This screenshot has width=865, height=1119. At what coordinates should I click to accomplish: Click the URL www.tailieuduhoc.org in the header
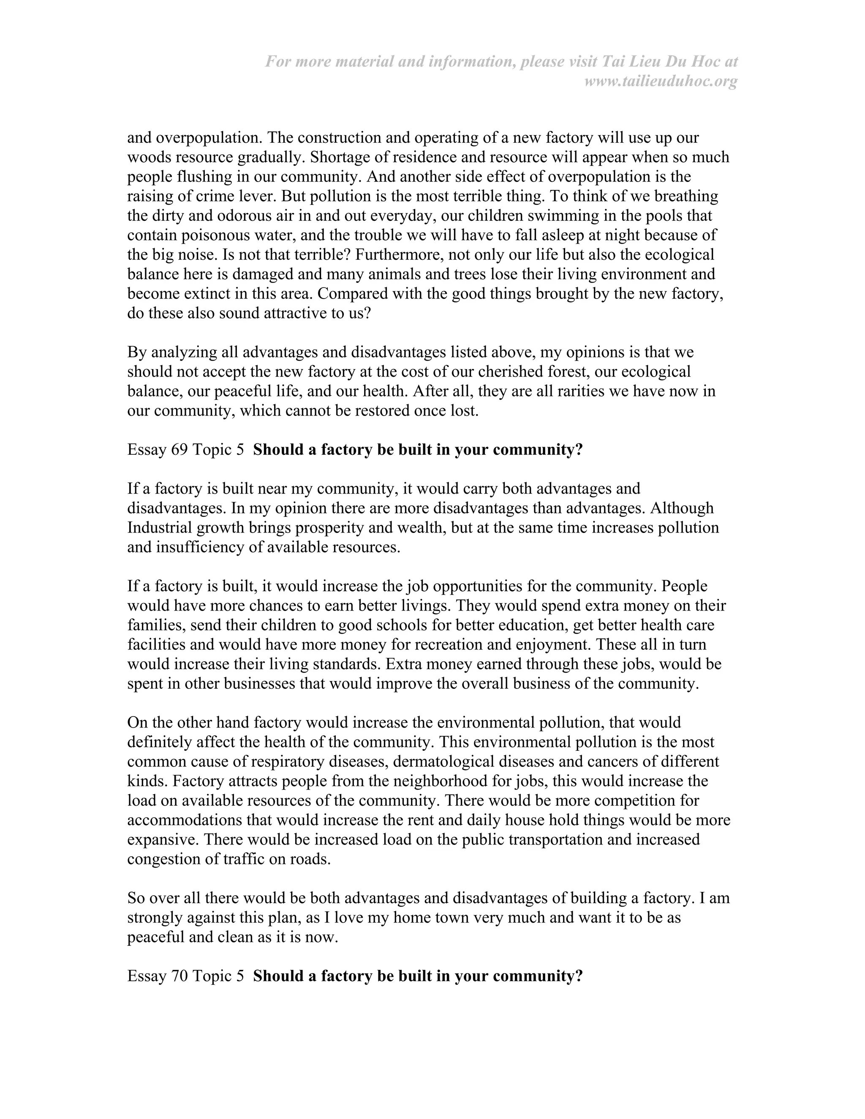(x=661, y=81)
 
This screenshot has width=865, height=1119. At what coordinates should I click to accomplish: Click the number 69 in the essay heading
(x=180, y=449)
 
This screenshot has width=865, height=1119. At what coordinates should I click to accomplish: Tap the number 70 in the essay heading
(x=180, y=975)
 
